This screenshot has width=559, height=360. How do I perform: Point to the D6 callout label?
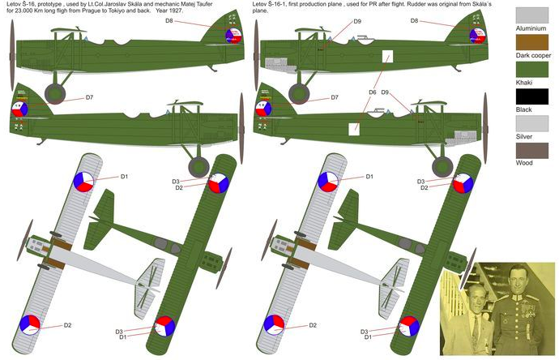click(372, 92)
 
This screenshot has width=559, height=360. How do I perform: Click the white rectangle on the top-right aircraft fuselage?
click(388, 58)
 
